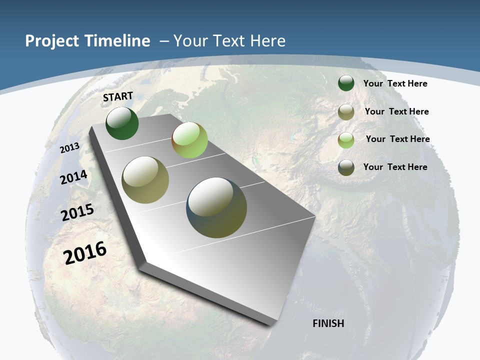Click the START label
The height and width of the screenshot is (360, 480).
[118, 96]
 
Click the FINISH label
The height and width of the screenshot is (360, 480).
[328, 323]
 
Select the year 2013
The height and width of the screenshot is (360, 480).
[70, 148]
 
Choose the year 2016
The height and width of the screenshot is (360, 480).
[85, 252]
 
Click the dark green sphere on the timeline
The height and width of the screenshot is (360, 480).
[122, 123]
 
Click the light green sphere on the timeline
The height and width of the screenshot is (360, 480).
[189, 140]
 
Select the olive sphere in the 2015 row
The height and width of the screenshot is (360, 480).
[145, 180]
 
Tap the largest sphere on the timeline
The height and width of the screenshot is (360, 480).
[216, 207]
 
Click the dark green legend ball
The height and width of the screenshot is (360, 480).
[346, 83]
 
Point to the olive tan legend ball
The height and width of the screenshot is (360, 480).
[346, 112]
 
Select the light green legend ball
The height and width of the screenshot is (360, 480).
[346, 139]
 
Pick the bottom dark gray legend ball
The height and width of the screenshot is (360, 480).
[346, 167]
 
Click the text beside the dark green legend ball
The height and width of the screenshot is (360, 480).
[395, 83]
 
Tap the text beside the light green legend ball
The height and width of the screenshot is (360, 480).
[397, 139]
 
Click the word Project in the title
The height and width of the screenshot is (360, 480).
[52, 41]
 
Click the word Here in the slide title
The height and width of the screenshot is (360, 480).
[267, 41]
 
